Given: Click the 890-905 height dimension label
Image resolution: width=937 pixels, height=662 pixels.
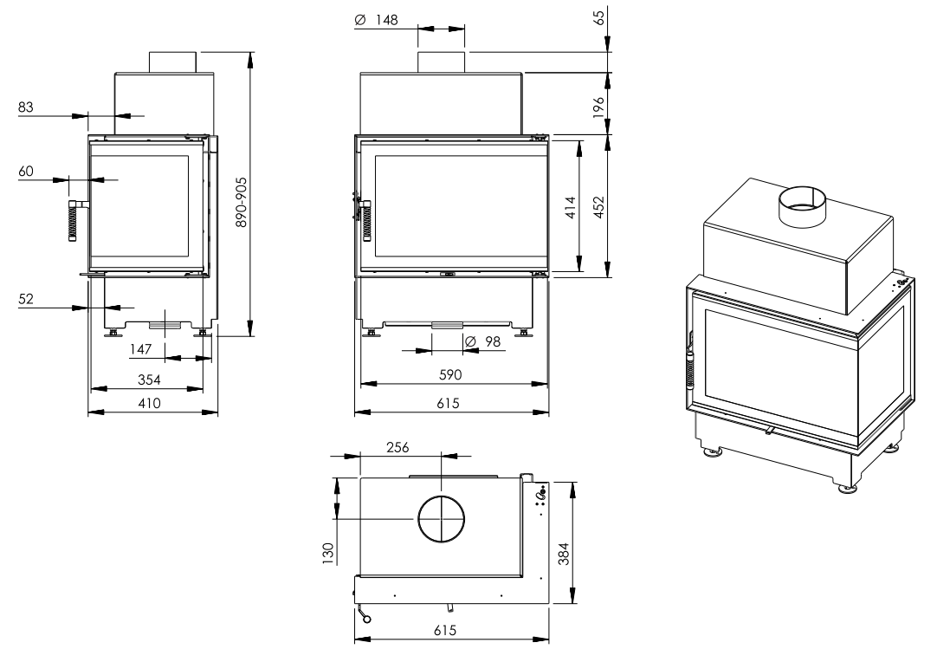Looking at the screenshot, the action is [242, 202].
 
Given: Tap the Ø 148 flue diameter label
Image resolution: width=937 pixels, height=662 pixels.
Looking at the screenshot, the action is [377, 20].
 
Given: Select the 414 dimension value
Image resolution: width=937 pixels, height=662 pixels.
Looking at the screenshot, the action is [571, 207].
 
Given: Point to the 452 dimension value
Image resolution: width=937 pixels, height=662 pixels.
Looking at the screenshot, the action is [598, 207].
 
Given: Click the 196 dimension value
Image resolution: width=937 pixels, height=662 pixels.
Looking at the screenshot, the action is [598, 107].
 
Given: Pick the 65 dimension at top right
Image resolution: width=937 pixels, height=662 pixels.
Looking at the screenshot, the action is [598, 16].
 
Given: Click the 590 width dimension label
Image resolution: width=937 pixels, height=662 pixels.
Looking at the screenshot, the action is [450, 375].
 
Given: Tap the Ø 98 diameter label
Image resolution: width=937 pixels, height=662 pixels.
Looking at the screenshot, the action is [482, 341].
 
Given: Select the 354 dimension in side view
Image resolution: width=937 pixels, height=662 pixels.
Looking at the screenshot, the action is [150, 380].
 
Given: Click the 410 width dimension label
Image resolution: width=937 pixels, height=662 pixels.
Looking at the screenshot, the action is [150, 404].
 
